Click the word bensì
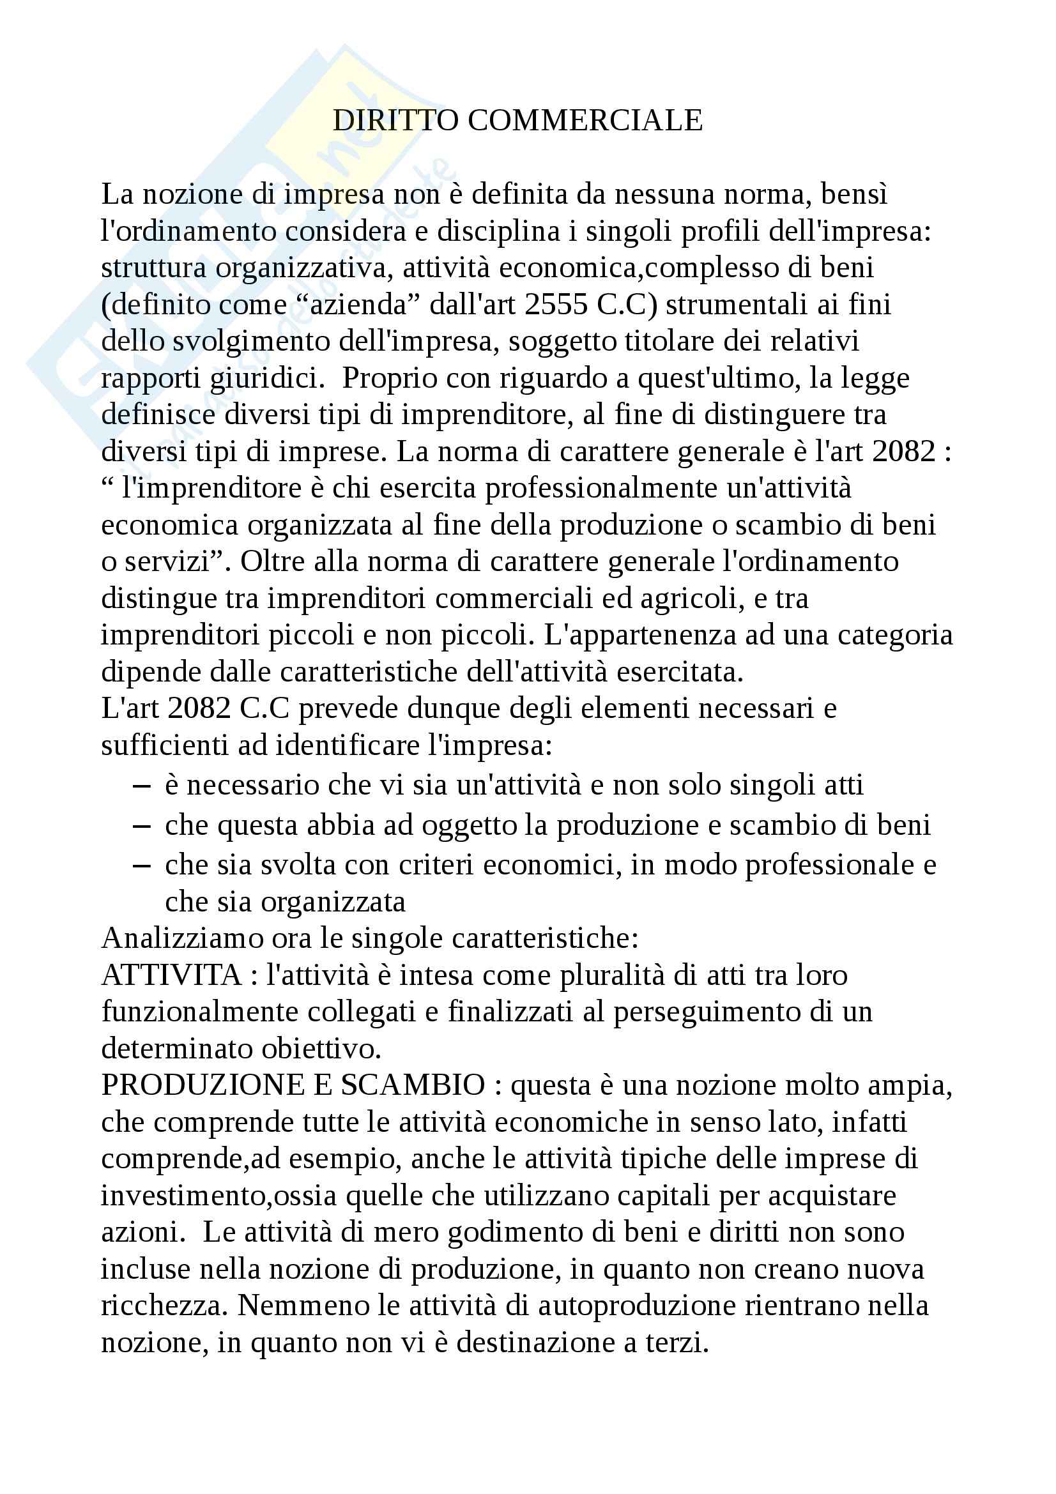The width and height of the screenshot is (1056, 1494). pos(854,194)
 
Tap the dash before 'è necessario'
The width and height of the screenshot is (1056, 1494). pos(141,786)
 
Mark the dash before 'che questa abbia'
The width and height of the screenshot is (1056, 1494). pos(141,826)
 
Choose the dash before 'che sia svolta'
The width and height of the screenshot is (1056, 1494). pos(141,865)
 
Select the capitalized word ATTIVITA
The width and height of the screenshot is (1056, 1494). pos(172,975)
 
